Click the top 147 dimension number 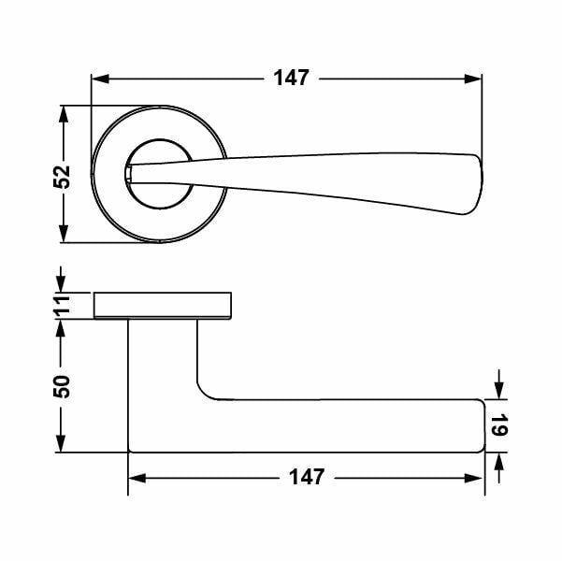pos(291,78)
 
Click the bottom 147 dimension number pos(307,477)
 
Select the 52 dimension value pos(62,177)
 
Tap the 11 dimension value pos(62,307)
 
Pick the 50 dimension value pos(62,386)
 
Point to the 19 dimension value pos(499,425)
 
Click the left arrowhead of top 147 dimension pos(100,79)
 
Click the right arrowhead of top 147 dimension pos(473,79)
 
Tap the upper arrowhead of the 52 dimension pos(64,115)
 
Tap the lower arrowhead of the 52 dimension pos(64,234)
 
